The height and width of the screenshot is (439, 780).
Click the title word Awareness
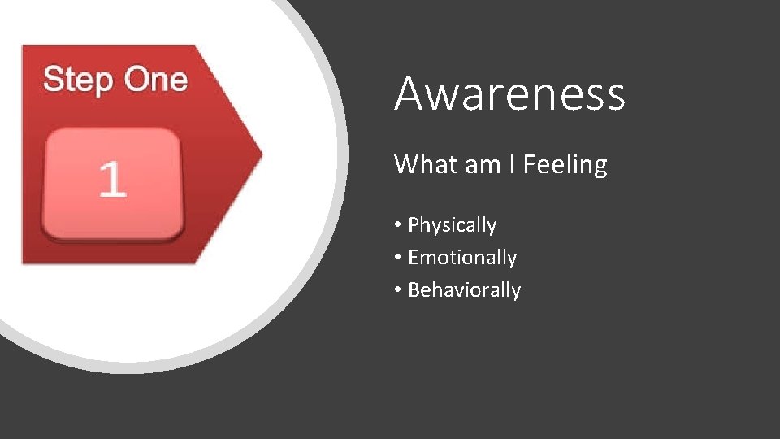tap(509, 93)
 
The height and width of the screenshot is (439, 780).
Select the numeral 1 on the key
tap(112, 180)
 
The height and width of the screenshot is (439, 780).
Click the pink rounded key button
tap(112, 183)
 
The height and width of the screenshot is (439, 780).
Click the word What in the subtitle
tap(426, 165)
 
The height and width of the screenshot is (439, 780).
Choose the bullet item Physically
tap(452, 225)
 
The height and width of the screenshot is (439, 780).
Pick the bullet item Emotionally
tap(461, 258)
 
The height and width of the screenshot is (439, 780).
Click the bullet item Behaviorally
tap(464, 290)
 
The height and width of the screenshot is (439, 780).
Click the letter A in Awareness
tap(409, 93)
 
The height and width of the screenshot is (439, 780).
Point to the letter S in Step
tap(53, 80)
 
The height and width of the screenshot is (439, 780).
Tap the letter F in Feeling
tap(529, 165)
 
